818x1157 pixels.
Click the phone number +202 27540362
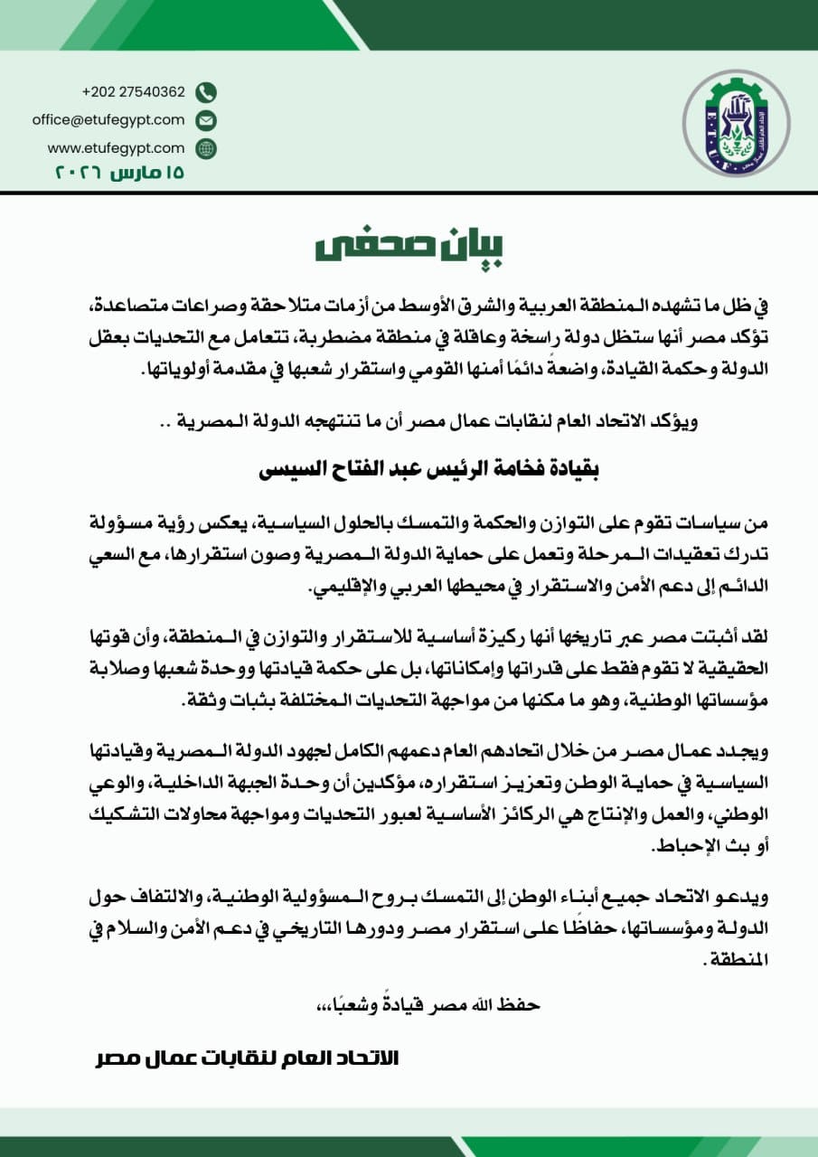pos(133,91)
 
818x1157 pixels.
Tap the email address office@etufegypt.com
pos(108,119)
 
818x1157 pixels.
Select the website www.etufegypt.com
pos(116,147)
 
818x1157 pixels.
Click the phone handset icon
pos(206,92)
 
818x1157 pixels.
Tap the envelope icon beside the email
pos(206,120)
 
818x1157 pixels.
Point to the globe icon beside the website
pos(206,148)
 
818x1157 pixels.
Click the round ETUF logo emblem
pos(734,124)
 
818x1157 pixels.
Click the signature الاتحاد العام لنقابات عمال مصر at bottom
pos(247,1057)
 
